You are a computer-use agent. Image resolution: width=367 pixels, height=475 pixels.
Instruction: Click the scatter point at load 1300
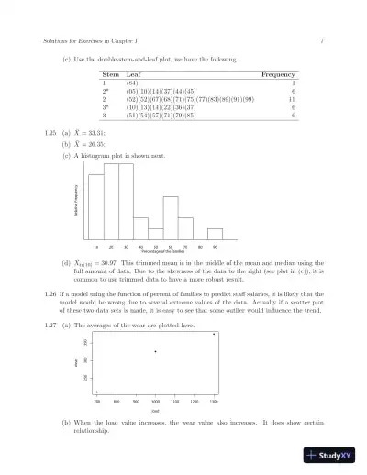tap(214, 334)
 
